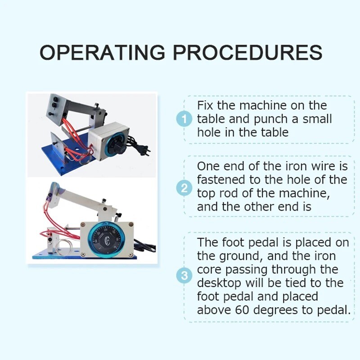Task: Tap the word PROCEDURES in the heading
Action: (248, 52)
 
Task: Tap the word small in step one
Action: (315, 120)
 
